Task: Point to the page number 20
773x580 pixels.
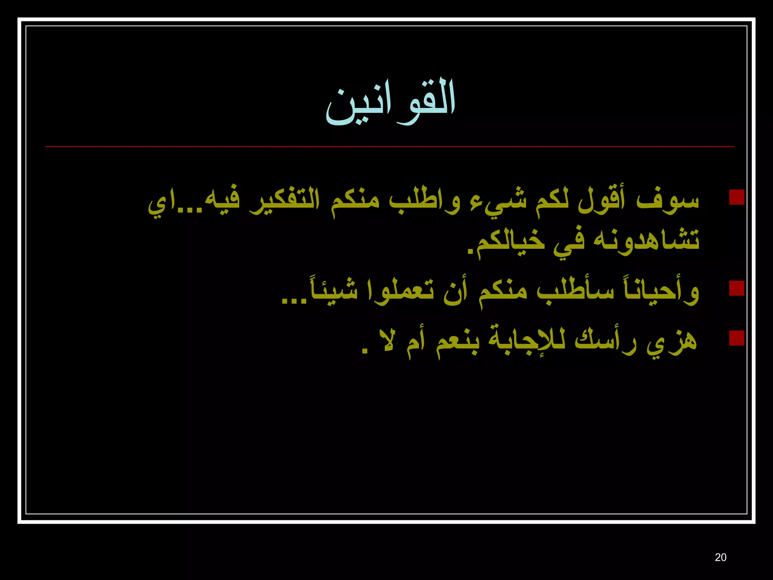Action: (x=720, y=557)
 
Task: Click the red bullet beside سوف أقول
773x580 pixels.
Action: (x=736, y=197)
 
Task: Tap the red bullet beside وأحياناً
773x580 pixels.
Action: (x=736, y=288)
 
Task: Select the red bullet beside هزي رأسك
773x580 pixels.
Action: (x=736, y=338)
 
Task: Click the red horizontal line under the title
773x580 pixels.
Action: (x=390, y=147)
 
